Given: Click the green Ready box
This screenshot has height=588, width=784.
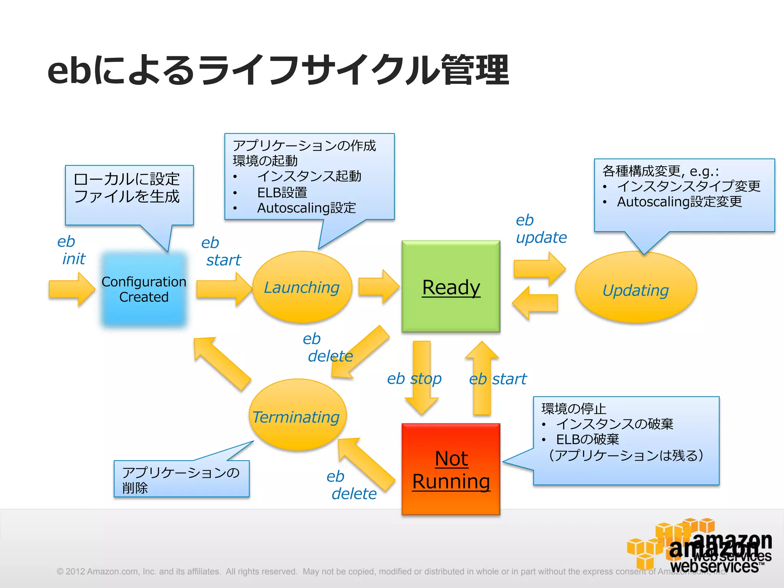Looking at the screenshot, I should click(x=451, y=286).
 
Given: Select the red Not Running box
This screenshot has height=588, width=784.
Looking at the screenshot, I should click(x=451, y=469).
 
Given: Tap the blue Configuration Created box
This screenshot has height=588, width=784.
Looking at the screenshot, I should click(x=144, y=289).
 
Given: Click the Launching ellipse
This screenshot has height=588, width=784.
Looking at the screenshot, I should click(x=302, y=287).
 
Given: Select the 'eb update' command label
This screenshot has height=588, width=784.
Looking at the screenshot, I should click(x=541, y=229).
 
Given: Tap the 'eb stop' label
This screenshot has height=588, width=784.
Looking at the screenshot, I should click(x=414, y=379).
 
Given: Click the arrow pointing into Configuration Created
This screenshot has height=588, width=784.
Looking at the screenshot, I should click(x=72, y=289).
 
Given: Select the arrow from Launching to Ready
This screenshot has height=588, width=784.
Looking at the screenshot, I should click(x=379, y=287).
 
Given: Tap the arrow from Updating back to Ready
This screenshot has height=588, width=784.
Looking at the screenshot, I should click(x=535, y=303).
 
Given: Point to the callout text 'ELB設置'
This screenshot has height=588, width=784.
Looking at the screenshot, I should click(x=282, y=193).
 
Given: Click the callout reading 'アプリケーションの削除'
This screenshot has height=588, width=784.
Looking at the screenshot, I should click(x=181, y=479).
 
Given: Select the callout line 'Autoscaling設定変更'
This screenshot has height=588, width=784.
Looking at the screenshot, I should click(x=679, y=202).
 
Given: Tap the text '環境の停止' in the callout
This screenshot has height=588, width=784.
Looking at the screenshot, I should click(x=573, y=409).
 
